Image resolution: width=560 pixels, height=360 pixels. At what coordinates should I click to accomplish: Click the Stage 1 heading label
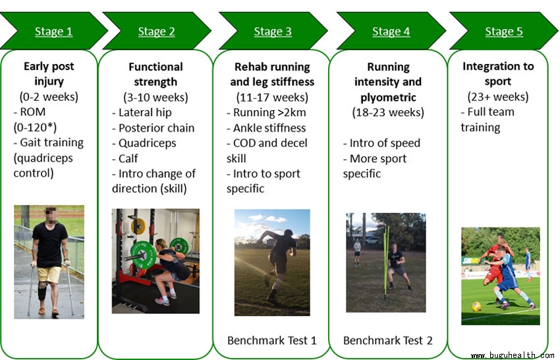click(x=53, y=32)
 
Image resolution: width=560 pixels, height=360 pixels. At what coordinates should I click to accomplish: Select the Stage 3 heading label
click(x=273, y=32)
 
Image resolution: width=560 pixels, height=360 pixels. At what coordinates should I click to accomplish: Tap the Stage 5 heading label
click(x=503, y=32)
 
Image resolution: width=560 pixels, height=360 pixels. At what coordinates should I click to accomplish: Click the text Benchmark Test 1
click(x=272, y=340)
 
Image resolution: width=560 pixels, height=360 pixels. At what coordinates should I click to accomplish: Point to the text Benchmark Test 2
click(x=387, y=340)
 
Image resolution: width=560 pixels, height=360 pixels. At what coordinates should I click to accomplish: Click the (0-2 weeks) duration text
click(x=49, y=96)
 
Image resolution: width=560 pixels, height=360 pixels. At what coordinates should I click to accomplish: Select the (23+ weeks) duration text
click(x=498, y=96)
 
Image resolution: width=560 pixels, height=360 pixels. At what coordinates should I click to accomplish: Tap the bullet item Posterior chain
click(x=154, y=128)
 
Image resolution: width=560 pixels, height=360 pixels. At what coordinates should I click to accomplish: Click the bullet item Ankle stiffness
click(x=266, y=128)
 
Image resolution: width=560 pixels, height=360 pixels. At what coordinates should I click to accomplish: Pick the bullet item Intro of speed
click(x=381, y=143)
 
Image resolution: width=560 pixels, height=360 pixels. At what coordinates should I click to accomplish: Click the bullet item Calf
click(x=125, y=158)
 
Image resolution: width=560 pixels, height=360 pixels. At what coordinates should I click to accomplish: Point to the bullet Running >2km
click(x=266, y=112)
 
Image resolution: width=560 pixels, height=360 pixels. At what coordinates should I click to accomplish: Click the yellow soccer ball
click(x=476, y=307)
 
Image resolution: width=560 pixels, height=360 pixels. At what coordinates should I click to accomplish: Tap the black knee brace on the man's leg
click(x=43, y=291)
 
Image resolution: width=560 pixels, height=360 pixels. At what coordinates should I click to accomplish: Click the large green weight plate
click(x=143, y=255)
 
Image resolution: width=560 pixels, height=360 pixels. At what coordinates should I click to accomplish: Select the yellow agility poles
click(x=386, y=263)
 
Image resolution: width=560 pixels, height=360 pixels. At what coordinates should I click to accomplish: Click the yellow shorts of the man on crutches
click(x=49, y=274)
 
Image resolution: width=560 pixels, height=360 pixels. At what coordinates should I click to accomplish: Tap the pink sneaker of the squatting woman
click(x=163, y=302)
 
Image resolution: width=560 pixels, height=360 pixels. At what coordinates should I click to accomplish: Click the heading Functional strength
click(x=155, y=74)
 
